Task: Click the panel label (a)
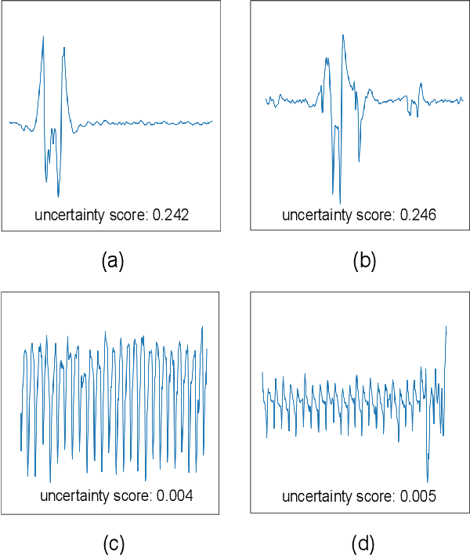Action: click(x=114, y=261)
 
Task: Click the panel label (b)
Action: click(x=364, y=261)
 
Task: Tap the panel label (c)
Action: click(x=114, y=542)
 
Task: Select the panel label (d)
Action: click(x=364, y=542)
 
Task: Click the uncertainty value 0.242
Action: click(x=172, y=214)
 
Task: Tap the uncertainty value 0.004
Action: click(x=175, y=495)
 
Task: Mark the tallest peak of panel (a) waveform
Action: click(x=43, y=37)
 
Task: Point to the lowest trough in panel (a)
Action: click(x=59, y=196)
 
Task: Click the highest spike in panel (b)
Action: click(x=343, y=35)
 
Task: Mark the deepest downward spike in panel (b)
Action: click(x=340, y=204)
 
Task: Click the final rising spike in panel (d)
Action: click(x=446, y=328)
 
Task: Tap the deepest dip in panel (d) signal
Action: click(x=428, y=481)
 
